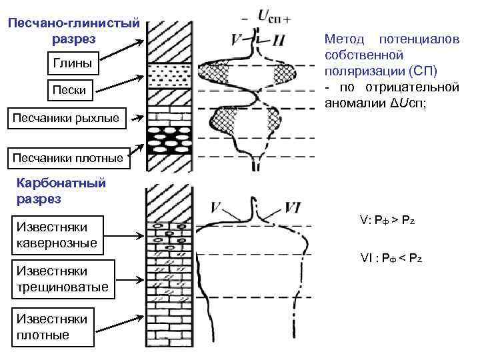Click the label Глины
pos(69,65)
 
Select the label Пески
pos(69,89)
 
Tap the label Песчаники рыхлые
pos(67,119)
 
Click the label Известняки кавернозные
pos(57,235)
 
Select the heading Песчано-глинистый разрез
pos(73,31)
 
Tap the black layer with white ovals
pos(170,136)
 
